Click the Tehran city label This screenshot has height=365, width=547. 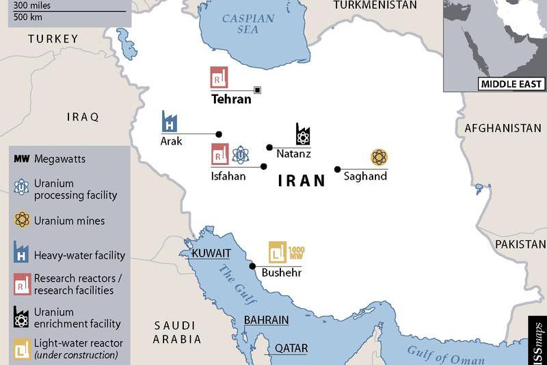click(230, 99)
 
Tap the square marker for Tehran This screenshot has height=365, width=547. click(257, 90)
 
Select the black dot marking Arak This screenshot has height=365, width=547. click(219, 134)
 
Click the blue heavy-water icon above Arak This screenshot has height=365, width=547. click(169, 121)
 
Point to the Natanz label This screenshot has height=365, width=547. click(293, 154)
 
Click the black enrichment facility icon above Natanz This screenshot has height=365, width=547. click(303, 134)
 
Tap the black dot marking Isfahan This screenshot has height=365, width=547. click(264, 166)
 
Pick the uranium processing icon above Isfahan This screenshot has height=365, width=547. click(239, 155)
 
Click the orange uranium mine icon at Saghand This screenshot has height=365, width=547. click(379, 158)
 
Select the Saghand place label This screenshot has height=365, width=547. click(365, 176)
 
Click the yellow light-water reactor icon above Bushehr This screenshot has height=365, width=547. click(278, 253)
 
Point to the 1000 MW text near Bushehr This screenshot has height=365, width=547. click(296, 253)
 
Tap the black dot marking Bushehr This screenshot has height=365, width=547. click(252, 266)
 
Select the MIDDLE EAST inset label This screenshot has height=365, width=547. click(511, 84)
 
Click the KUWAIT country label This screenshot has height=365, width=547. click(211, 253)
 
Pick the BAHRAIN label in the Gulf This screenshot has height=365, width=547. click(266, 320)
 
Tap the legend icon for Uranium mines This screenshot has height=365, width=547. click(23, 221)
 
